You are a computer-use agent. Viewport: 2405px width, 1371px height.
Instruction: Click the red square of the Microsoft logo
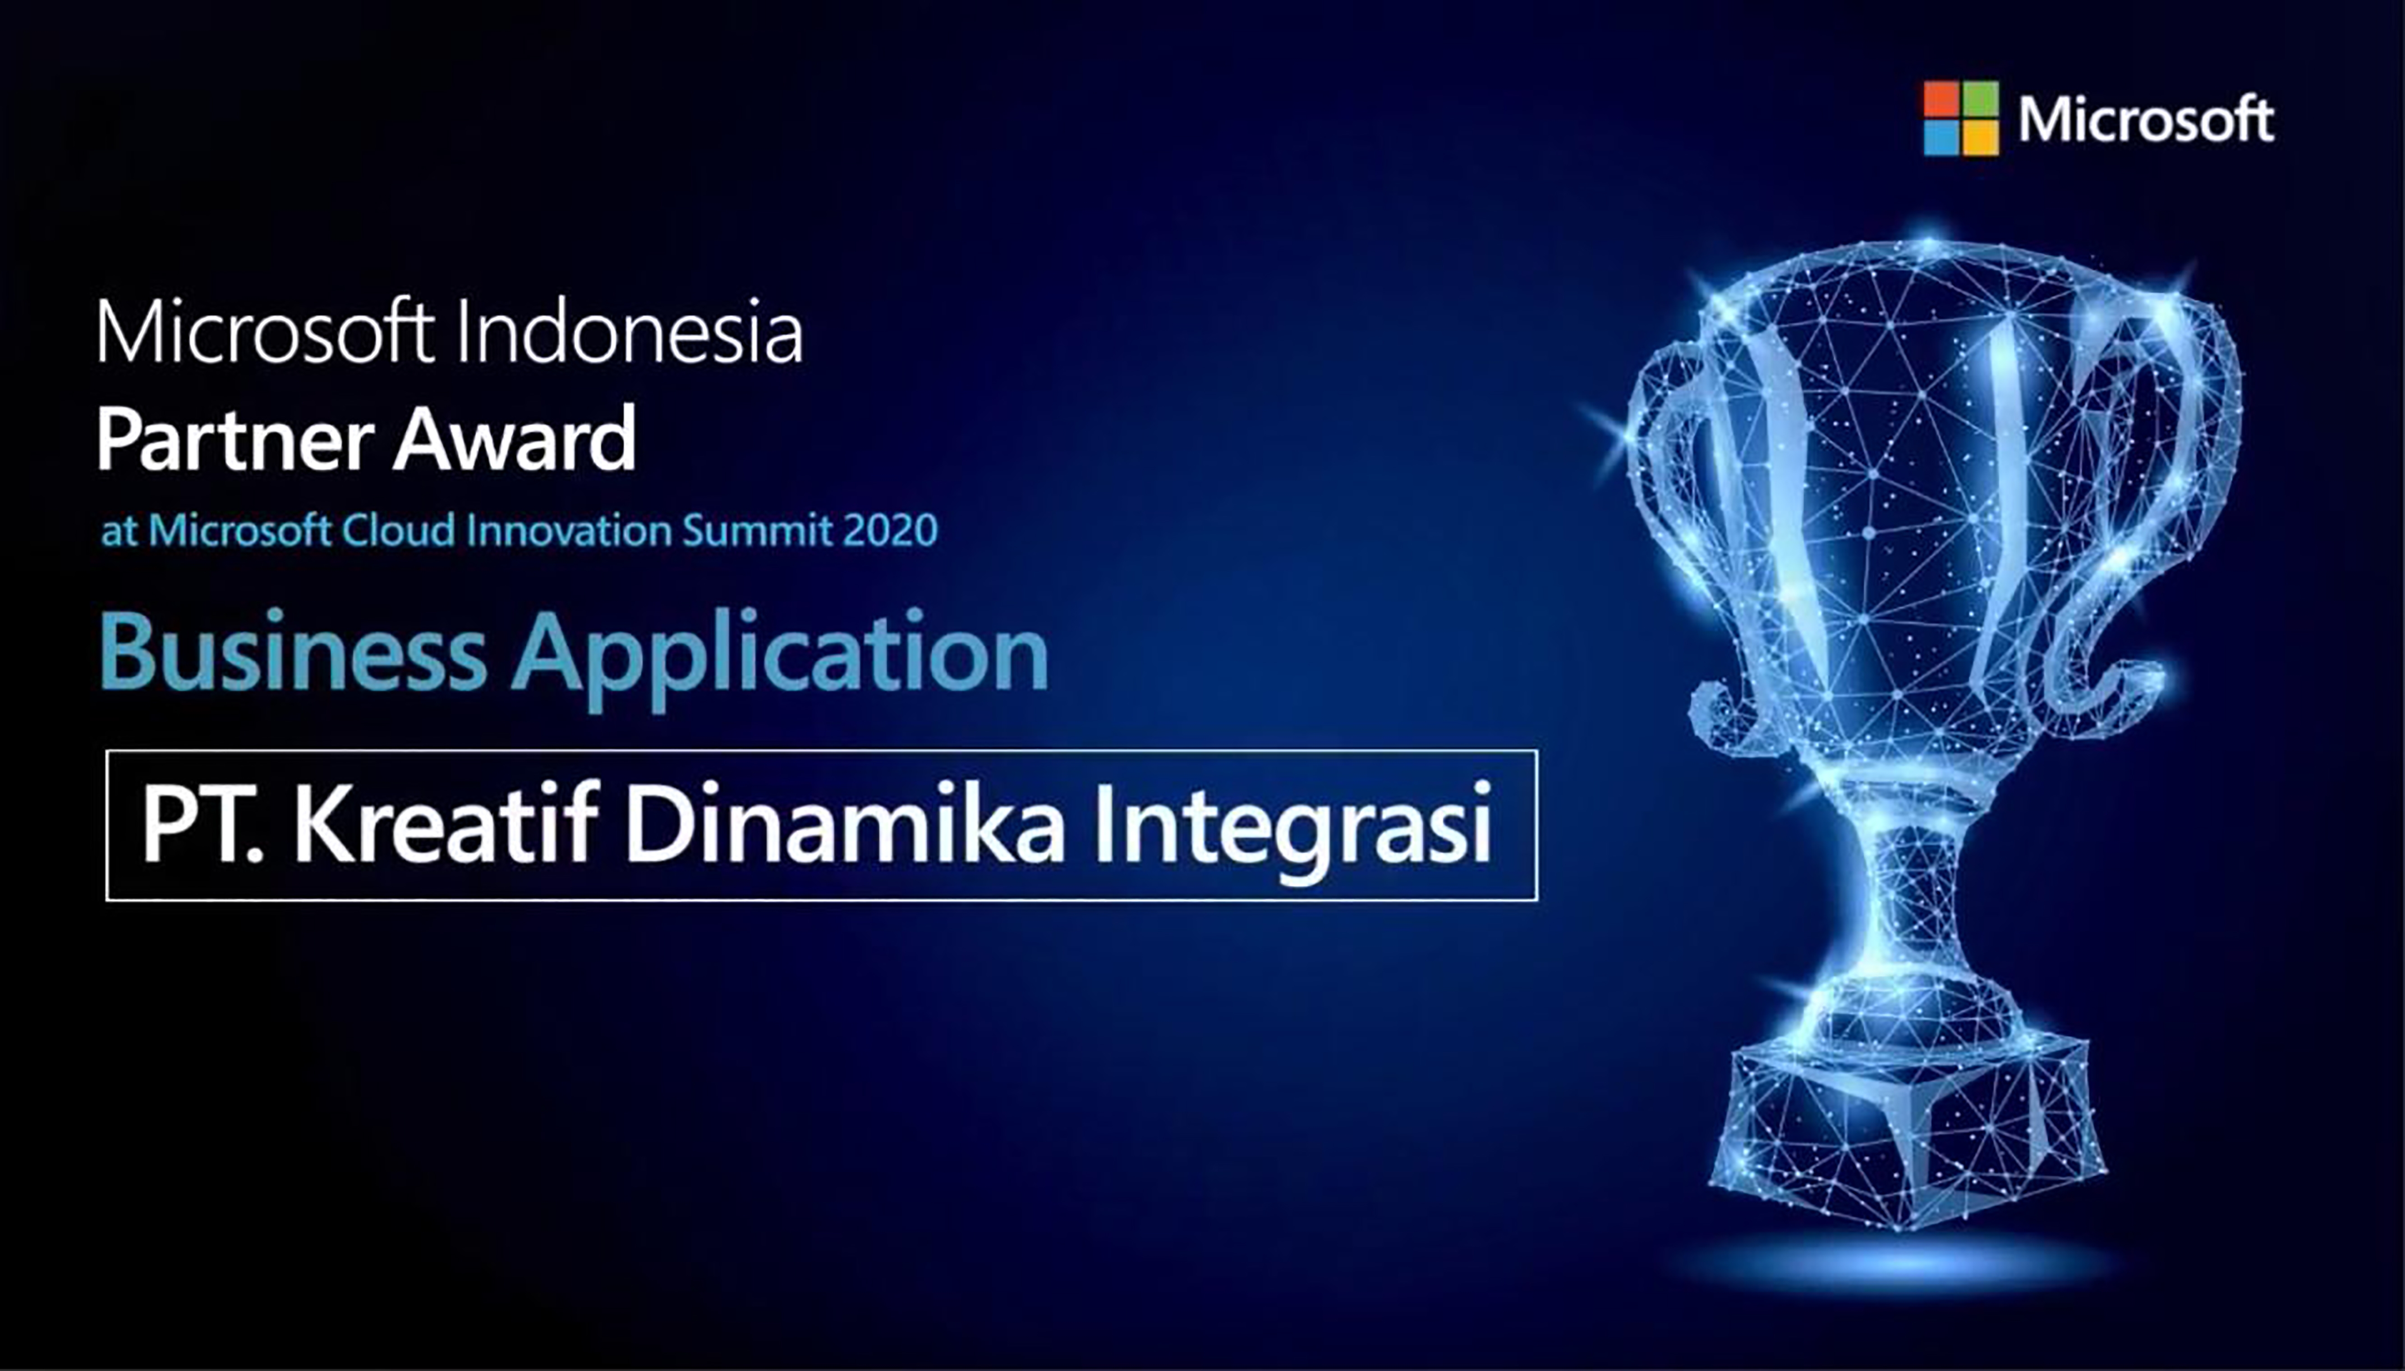tap(1942, 100)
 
